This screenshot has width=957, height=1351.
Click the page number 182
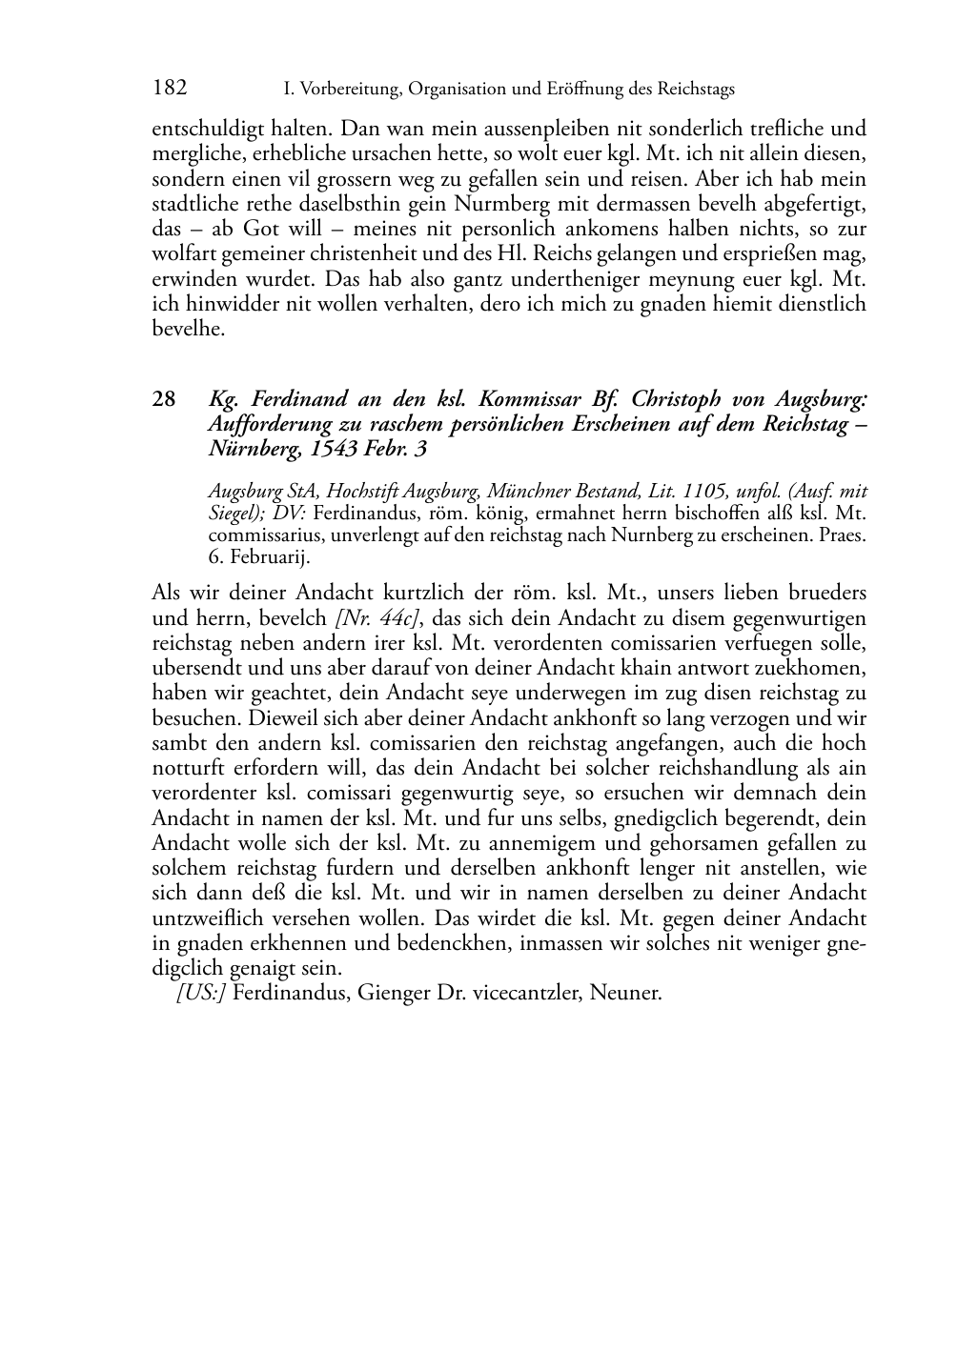coord(170,89)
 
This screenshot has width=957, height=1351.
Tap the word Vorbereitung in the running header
coord(342,90)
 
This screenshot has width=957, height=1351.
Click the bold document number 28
coord(164,399)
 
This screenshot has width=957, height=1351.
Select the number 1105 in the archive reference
coord(699,492)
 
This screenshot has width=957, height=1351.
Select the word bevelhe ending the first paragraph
coord(189,330)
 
